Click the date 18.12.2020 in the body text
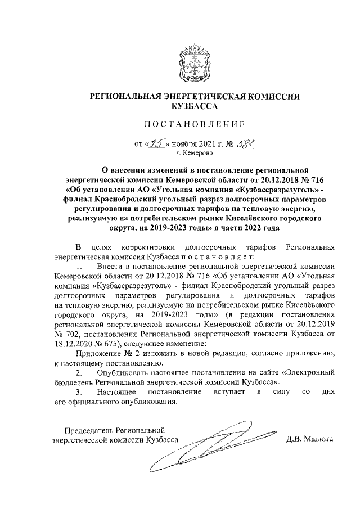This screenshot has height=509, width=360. pyautogui.click(x=72, y=344)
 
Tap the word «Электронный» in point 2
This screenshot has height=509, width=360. pyautogui.click(x=308, y=373)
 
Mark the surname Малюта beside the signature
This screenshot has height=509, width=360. pyautogui.click(x=318, y=441)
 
